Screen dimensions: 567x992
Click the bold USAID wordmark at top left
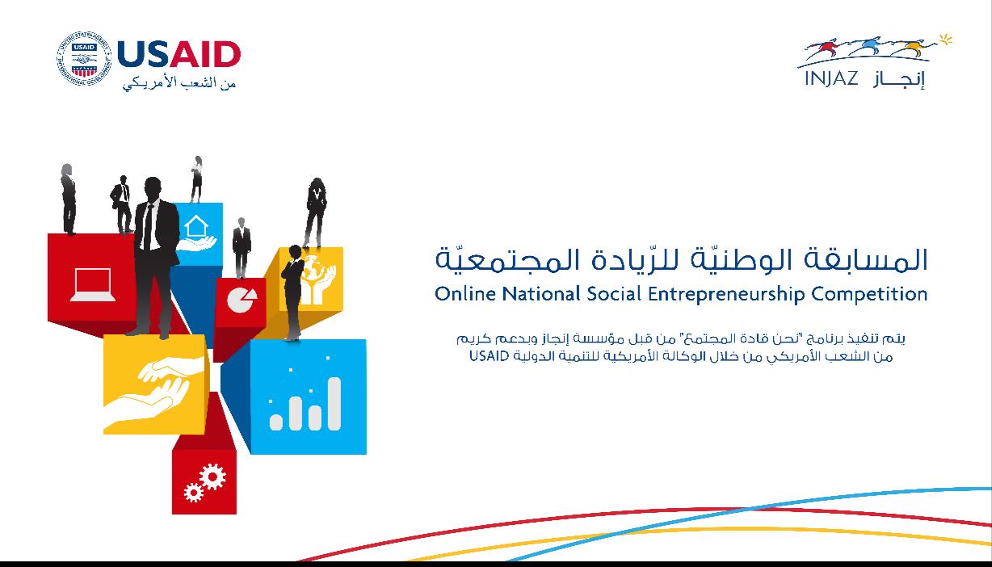(x=179, y=56)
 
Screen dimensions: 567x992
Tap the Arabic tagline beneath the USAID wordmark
(x=179, y=82)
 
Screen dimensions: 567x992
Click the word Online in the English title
(x=465, y=293)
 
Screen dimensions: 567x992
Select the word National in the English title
(x=540, y=293)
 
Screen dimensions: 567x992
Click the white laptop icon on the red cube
(x=92, y=285)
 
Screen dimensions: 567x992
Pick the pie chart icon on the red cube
(x=240, y=300)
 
